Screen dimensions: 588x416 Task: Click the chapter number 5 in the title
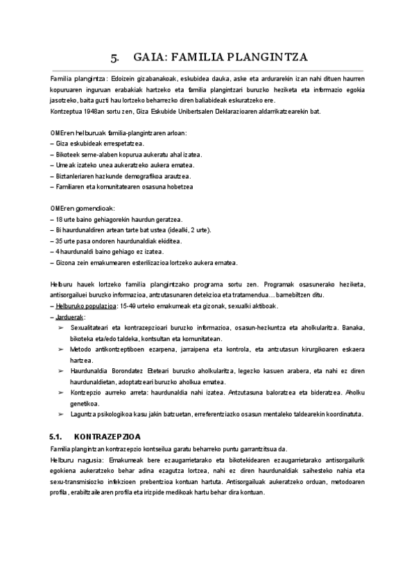(x=116, y=58)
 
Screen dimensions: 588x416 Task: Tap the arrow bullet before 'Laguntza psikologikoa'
(x=62, y=414)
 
